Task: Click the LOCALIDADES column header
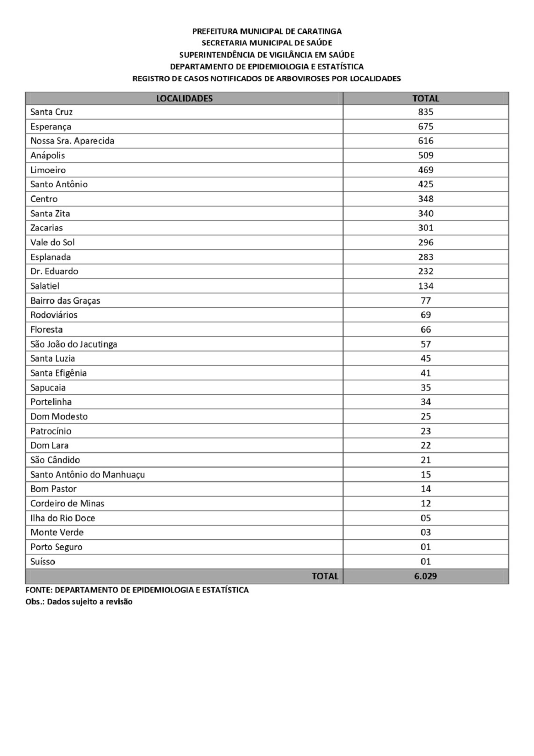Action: (184, 98)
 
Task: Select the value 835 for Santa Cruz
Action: (426, 112)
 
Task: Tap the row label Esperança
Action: (51, 127)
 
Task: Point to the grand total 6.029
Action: (425, 576)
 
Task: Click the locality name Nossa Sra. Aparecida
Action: (72, 141)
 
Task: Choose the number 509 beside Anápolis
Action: (426, 156)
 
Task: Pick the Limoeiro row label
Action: (48, 170)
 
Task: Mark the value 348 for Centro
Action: (426, 199)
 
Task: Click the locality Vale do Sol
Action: (52, 242)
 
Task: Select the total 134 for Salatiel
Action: (426, 286)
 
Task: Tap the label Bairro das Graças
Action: (65, 301)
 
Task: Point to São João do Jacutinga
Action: (73, 344)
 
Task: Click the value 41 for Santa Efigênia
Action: (426, 373)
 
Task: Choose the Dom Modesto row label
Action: (59, 416)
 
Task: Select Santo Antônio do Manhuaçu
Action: (87, 475)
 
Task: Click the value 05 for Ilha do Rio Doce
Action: (426, 518)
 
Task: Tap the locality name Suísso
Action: (43, 562)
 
